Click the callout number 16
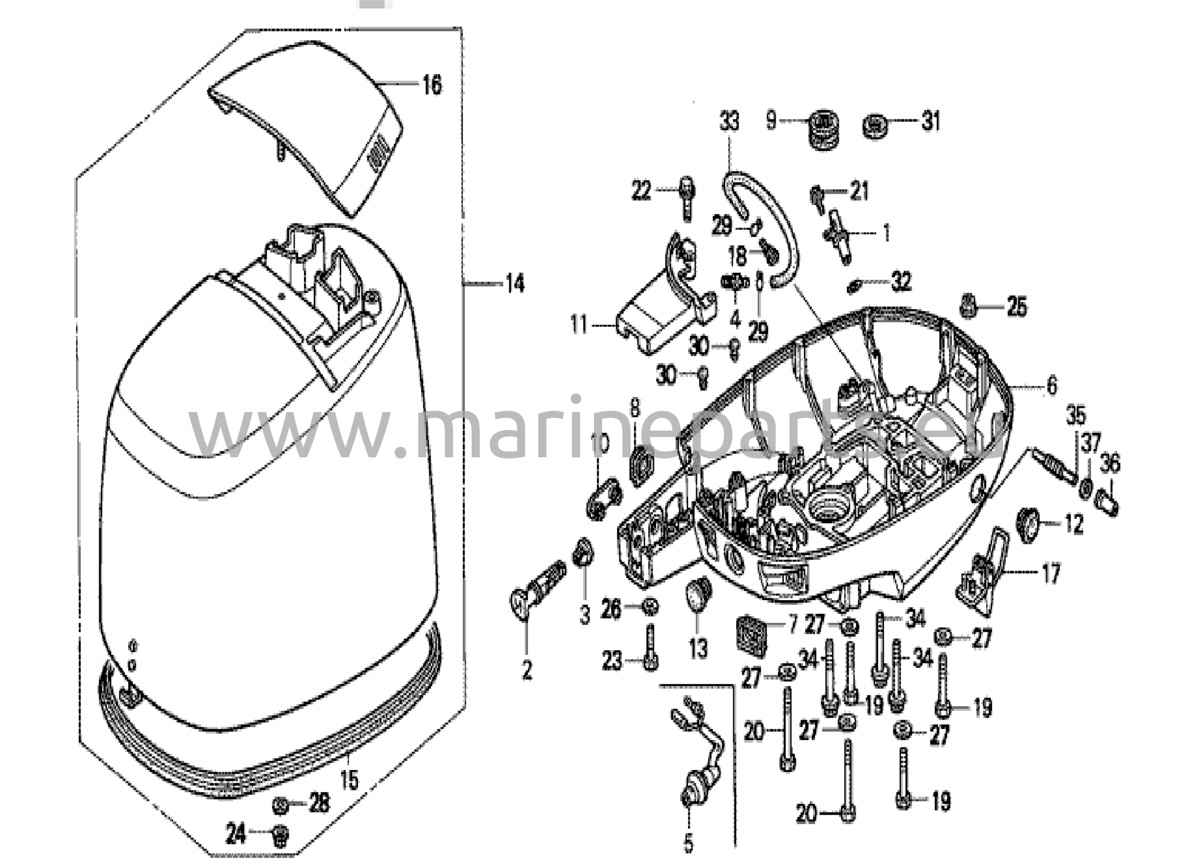tap(432, 85)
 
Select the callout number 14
tap(515, 284)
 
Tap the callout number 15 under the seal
tap(349, 780)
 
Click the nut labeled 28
tap(280, 805)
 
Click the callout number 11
tap(578, 324)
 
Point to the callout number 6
tap(1052, 385)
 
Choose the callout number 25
tap(1017, 306)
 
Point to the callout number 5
tap(689, 844)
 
